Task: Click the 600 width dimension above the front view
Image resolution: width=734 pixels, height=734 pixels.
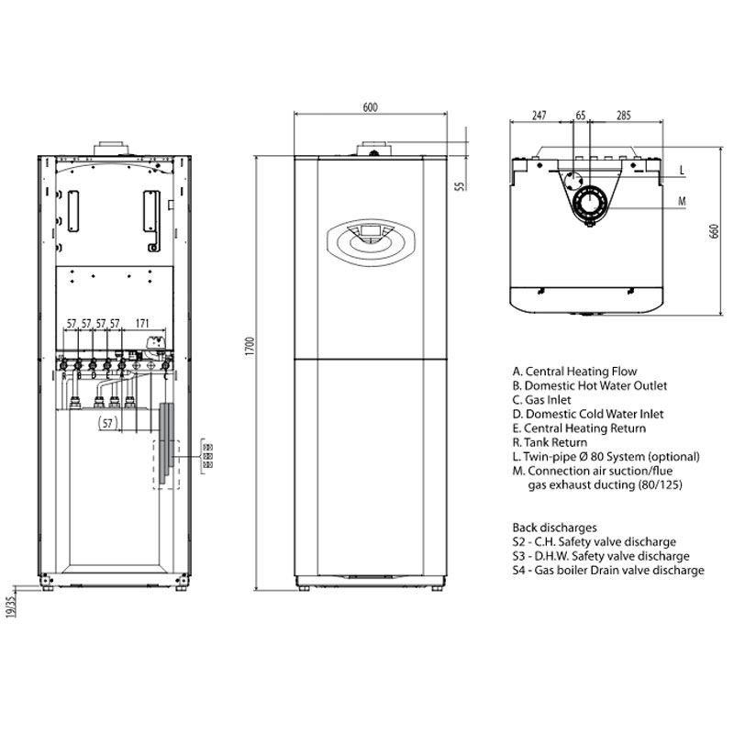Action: pos(370,107)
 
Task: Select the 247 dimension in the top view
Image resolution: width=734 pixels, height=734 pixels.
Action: pos(539,116)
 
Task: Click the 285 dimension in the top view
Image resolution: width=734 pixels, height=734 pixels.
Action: pos(623,116)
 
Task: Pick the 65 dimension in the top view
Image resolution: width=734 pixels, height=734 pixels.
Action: pos(580,116)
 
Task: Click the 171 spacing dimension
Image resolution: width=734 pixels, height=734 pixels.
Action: pos(143,323)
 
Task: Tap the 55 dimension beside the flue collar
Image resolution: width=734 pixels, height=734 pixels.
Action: pos(460,186)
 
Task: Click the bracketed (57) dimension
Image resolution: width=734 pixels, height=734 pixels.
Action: pos(109,422)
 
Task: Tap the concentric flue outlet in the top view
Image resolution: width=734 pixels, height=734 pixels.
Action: pos(584,205)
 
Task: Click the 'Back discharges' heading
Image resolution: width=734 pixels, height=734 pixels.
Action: pos(555,528)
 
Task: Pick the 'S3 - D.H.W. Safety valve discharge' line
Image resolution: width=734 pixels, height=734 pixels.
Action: pos(601,556)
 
